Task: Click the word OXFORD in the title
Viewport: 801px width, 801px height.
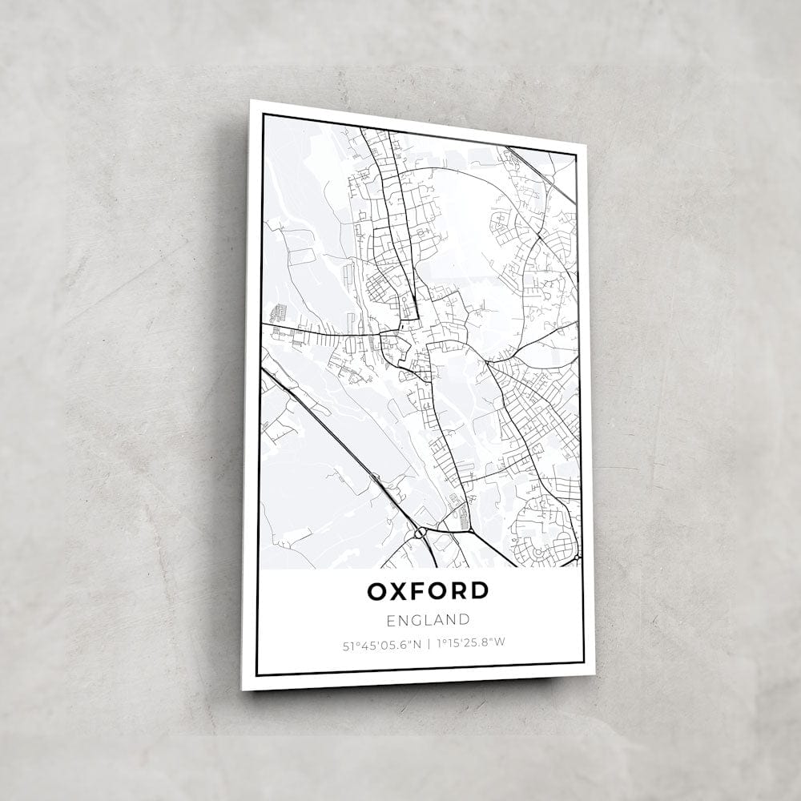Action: click(428, 591)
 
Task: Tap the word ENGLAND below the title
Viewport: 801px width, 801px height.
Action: click(428, 619)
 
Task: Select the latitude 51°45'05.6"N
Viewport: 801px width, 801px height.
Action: click(380, 642)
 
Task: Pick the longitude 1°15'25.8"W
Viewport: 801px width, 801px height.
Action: click(472, 642)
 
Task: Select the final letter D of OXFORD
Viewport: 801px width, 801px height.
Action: click(479, 591)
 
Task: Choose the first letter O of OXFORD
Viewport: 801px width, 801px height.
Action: click(378, 591)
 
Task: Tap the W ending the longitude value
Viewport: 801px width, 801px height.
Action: click(501, 642)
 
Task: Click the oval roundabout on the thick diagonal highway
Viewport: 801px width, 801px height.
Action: click(419, 532)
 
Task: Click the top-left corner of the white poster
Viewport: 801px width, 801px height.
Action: click(250, 100)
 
